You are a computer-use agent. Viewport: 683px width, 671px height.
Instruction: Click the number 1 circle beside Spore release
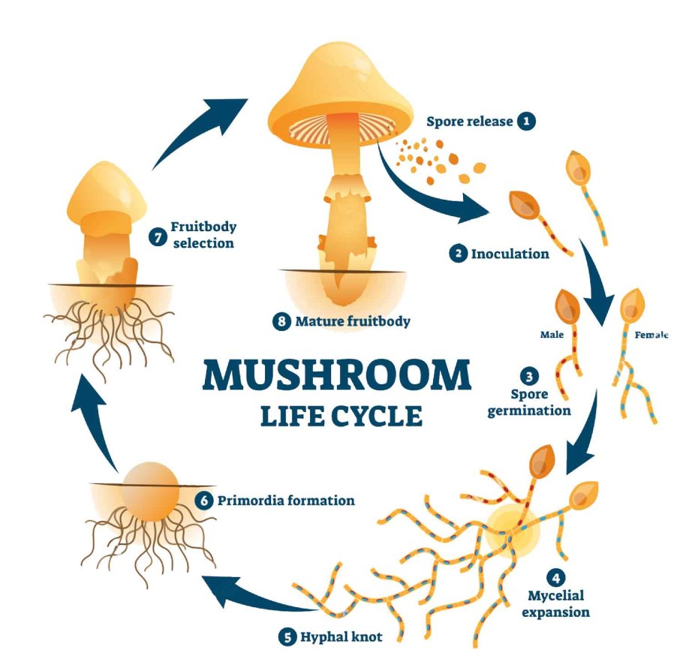(527, 120)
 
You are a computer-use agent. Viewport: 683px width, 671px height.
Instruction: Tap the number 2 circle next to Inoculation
(457, 254)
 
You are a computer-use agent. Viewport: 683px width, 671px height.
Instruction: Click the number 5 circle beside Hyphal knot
(287, 637)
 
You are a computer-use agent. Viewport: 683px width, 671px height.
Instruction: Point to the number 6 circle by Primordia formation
(204, 499)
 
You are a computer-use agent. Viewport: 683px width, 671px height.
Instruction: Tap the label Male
(552, 335)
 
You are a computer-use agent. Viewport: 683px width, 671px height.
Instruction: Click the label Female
(651, 335)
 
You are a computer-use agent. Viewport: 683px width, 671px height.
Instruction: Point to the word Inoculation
(510, 254)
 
